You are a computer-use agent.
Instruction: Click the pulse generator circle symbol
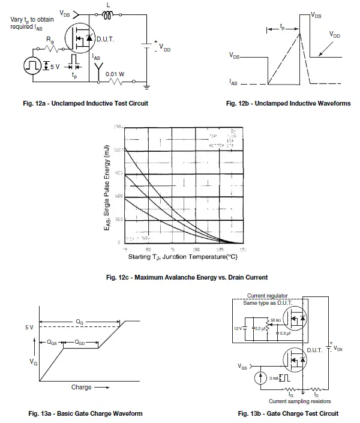click(32, 65)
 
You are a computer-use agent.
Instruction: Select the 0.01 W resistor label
click(115, 74)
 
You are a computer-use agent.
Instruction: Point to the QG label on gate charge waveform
click(80, 322)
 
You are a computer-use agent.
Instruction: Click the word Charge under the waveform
click(81, 388)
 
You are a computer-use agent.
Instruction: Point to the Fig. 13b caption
click(288, 413)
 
